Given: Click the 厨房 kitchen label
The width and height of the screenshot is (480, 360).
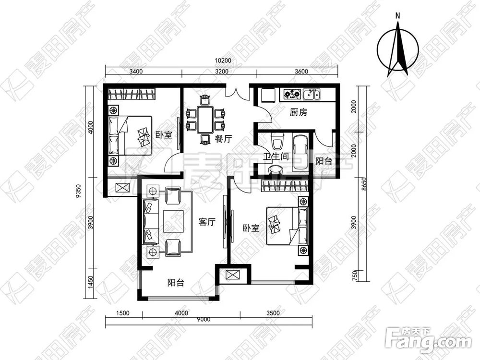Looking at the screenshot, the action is click(x=299, y=113).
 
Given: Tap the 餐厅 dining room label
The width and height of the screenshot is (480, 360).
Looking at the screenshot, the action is click(x=223, y=139).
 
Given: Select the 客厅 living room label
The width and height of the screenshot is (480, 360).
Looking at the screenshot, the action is click(x=207, y=222).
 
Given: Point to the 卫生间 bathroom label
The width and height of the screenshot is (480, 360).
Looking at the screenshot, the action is click(x=276, y=157).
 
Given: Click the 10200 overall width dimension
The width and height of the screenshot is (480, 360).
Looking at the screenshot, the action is click(x=223, y=60).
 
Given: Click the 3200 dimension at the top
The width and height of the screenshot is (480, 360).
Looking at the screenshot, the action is click(x=222, y=72).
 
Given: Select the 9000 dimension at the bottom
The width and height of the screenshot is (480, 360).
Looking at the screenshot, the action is click(x=204, y=319).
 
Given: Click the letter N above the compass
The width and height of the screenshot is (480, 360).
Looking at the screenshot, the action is click(x=397, y=16).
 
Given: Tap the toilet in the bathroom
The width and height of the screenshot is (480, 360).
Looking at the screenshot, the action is click(x=277, y=142).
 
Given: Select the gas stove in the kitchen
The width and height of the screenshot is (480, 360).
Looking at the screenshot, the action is click(x=292, y=94).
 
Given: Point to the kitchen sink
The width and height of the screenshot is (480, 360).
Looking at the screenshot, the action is click(x=312, y=95).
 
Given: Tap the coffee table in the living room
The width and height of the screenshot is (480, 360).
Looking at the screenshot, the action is click(x=174, y=221).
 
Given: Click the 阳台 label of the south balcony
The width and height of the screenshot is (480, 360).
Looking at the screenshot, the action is click(x=176, y=283).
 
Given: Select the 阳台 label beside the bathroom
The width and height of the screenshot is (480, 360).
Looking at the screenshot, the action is click(x=324, y=161).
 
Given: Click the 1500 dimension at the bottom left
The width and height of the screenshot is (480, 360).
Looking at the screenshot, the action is click(x=123, y=313).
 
